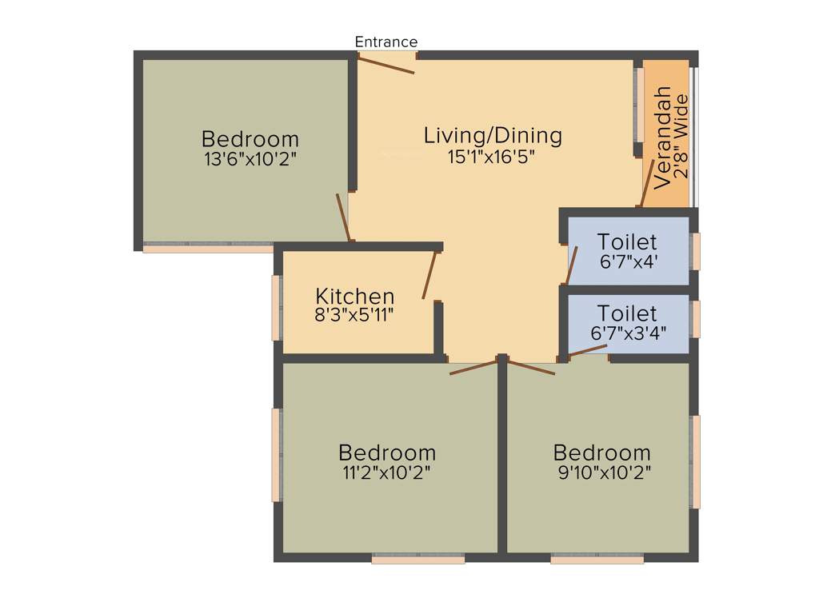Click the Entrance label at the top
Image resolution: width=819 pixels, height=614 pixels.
pos(386,42)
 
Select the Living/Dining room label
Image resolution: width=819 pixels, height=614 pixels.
pos(493,136)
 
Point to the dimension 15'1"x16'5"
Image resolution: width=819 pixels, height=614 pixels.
pos(491,157)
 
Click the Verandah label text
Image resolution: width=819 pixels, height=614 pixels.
pos(662,137)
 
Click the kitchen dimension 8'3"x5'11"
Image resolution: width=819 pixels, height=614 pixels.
pos(354,315)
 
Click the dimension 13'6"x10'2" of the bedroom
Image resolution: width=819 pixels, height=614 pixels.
pos(250,158)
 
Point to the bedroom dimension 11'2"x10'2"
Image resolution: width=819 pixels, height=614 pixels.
pos(387,472)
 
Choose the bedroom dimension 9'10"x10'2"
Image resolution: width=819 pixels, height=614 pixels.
pos(602,472)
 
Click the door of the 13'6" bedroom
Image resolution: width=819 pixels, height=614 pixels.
pos(343,217)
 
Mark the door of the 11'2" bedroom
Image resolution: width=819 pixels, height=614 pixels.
pos(473,368)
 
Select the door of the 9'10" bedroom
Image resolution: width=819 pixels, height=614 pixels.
pos(531,368)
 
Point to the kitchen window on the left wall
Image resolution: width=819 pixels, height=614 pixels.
pos(277,307)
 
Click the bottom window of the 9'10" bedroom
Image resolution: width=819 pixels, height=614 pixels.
pos(597,560)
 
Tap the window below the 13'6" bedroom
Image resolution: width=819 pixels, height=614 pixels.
pos(208,249)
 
